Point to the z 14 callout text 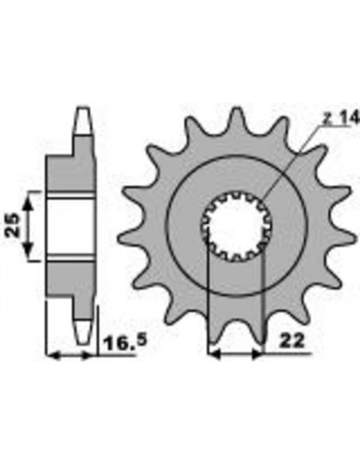click(x=335, y=119)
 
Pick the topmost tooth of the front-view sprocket click(x=235, y=119)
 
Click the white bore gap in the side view click(x=71, y=226)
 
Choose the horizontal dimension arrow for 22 click(x=235, y=350)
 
